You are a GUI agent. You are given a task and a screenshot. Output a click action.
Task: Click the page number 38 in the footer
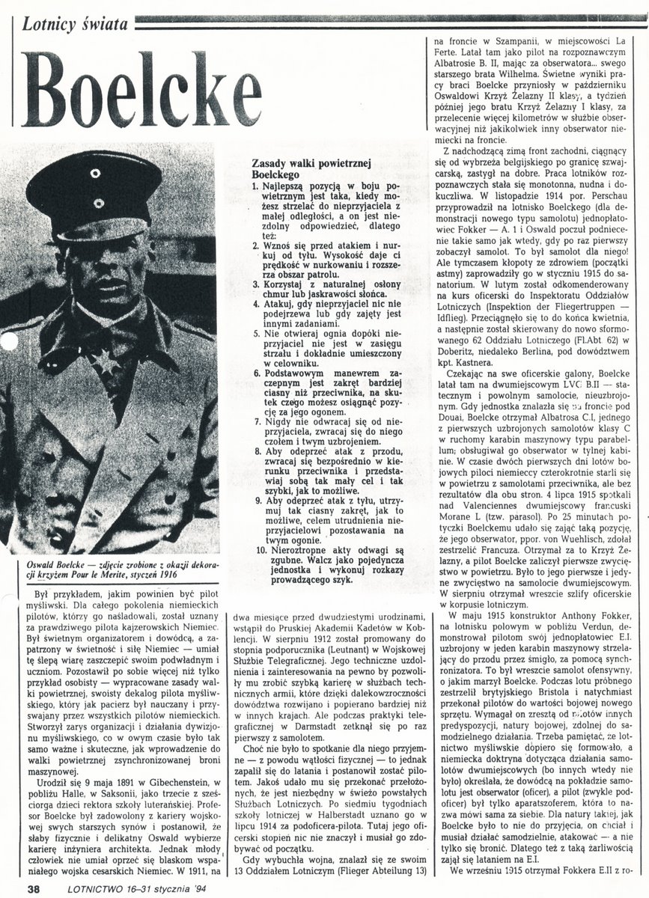pyautogui.click(x=32, y=888)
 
